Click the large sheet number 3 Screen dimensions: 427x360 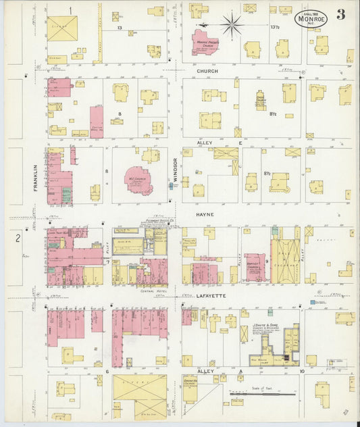(x=341, y=15)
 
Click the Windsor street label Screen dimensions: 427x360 (x=175, y=170)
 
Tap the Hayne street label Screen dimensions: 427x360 (x=205, y=214)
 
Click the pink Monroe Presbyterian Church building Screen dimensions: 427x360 (x=205, y=42)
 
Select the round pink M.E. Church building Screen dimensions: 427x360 (x=139, y=179)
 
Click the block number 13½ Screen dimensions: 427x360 (x=275, y=28)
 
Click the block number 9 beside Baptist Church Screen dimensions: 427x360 (x=267, y=260)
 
